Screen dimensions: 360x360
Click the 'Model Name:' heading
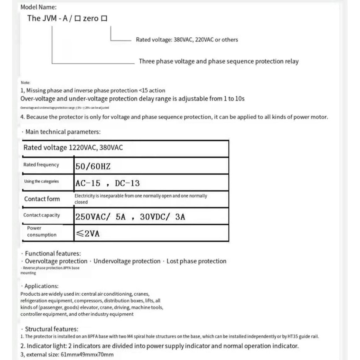pyautogui.click(x=38, y=7)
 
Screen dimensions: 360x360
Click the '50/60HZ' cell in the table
pyautogui.click(x=93, y=166)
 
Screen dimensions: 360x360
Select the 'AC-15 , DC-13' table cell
pyautogui.click(x=107, y=183)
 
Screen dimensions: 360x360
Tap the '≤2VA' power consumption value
pyautogui.click(x=87, y=234)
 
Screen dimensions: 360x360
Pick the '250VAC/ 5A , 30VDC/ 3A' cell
pyautogui.click(x=130, y=217)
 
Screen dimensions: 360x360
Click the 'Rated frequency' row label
pyautogui.click(x=41, y=165)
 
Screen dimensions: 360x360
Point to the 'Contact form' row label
pyautogui.click(x=42, y=199)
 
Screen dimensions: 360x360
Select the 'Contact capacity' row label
pyautogui.click(x=41, y=215)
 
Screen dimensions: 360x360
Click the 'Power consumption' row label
pyautogui.click(x=41, y=231)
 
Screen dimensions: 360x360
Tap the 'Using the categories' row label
pyautogui.click(x=41, y=181)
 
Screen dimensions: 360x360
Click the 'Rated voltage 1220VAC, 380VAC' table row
pyautogui.click(x=73, y=148)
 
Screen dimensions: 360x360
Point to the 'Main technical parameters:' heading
pyautogui.click(x=63, y=132)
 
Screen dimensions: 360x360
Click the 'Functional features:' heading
pyautogui.click(x=52, y=253)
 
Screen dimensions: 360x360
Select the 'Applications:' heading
pyautogui.click(x=41, y=286)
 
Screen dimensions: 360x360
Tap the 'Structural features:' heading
pyautogui.click(x=51, y=329)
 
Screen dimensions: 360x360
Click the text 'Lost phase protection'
pyautogui.click(x=196, y=261)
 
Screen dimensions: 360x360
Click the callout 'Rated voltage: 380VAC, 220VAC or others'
pyautogui.click(x=187, y=40)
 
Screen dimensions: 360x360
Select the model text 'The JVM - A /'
pyautogui.click(x=50, y=19)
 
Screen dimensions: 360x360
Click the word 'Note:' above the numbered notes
pyautogui.click(x=26, y=83)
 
